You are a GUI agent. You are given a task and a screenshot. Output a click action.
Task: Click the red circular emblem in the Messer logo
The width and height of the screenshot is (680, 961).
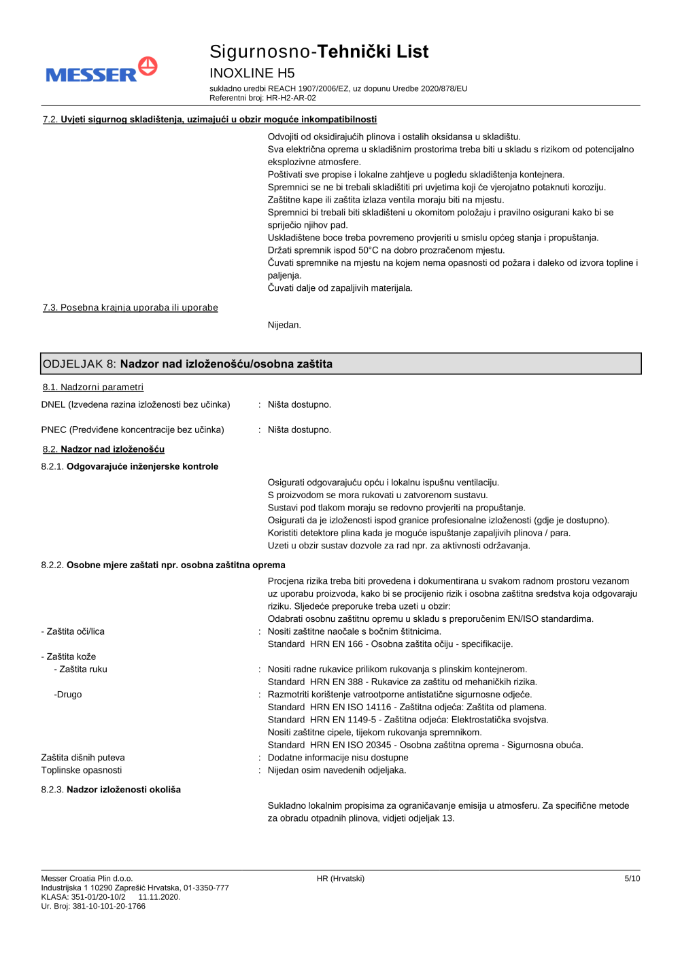tap(148, 66)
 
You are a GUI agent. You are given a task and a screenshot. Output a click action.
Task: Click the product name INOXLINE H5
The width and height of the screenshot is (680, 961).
tap(252, 73)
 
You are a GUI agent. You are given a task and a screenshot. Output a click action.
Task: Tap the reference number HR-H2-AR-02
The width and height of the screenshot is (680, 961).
tap(291, 98)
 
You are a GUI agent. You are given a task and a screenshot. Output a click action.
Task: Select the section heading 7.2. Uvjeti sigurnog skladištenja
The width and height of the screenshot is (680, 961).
tap(209, 120)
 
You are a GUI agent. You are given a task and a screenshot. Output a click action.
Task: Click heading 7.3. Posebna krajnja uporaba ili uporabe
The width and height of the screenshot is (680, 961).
tap(131, 308)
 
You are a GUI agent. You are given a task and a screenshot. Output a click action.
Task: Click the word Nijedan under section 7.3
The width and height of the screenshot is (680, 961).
tap(284, 325)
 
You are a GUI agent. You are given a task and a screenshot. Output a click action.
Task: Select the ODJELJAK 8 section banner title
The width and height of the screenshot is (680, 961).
tap(188, 364)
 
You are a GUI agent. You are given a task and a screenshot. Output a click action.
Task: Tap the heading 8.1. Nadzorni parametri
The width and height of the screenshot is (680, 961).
tap(93, 387)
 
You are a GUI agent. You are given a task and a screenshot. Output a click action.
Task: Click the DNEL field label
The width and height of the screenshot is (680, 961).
tap(135, 404)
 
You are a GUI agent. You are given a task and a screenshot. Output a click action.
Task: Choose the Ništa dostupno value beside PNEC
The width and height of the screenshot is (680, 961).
tap(299, 430)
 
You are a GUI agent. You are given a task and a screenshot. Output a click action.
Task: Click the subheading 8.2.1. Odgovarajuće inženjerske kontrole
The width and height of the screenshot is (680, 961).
tap(130, 466)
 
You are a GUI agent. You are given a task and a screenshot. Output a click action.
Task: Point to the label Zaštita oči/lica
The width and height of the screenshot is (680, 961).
tap(73, 631)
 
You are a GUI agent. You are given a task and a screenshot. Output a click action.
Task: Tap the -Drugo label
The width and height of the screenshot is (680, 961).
tap(68, 695)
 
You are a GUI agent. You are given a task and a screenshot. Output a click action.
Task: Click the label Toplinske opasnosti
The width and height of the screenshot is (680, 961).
tap(82, 770)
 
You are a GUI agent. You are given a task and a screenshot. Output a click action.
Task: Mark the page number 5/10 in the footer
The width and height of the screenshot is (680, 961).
tap(632, 879)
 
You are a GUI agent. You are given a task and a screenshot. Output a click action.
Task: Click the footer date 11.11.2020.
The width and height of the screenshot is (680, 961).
tap(159, 897)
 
